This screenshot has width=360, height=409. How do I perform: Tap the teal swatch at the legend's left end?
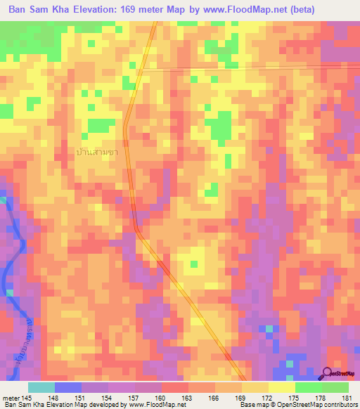(x=41, y=387)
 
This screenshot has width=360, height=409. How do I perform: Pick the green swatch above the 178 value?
(x=309, y=387)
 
